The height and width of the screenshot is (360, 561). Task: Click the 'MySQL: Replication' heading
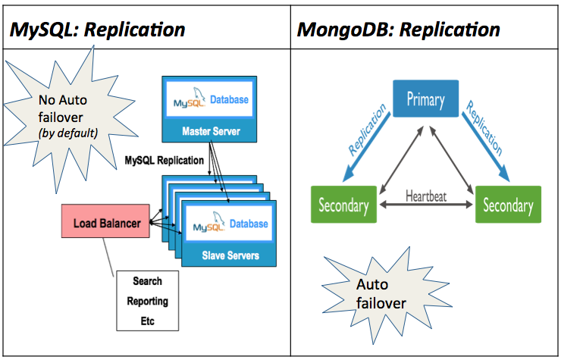pyautogui.click(x=98, y=30)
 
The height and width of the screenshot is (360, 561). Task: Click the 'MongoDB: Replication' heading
pyautogui.click(x=398, y=30)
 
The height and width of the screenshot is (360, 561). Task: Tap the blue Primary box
pyautogui.click(x=425, y=99)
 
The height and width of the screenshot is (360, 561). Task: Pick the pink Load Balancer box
pyautogui.click(x=105, y=224)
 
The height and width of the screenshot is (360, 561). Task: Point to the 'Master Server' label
pyautogui.click(x=211, y=131)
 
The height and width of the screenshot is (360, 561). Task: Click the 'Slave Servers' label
pyautogui.click(x=230, y=255)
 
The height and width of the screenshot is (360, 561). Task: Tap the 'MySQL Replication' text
pyautogui.click(x=164, y=161)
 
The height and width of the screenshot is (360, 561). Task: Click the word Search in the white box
pyautogui.click(x=147, y=281)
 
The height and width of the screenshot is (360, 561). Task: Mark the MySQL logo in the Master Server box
pyautogui.click(x=189, y=102)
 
